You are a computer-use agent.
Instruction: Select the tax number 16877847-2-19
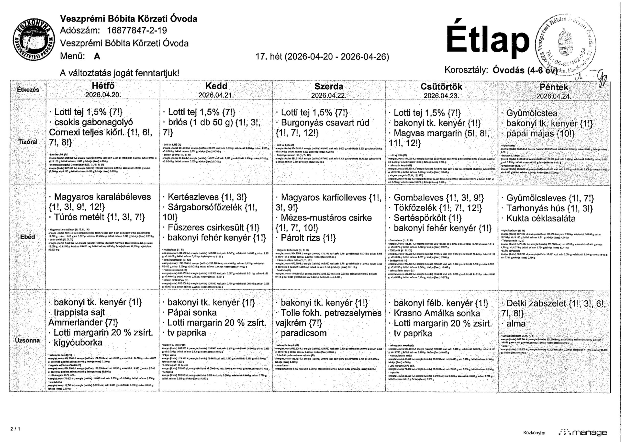(x=137, y=30)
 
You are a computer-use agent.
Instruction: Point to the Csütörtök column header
(x=441, y=86)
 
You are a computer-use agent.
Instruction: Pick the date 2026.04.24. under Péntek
(x=554, y=96)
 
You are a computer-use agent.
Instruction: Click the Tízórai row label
(x=28, y=142)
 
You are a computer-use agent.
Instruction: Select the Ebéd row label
(x=28, y=237)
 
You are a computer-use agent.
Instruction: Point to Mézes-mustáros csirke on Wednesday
(x=326, y=218)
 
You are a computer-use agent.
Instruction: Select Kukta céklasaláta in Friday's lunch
(x=541, y=218)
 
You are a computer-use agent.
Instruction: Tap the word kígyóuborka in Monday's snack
(x=78, y=342)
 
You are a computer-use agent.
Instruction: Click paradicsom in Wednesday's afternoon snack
(x=303, y=333)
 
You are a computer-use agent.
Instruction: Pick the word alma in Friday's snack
(x=516, y=324)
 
